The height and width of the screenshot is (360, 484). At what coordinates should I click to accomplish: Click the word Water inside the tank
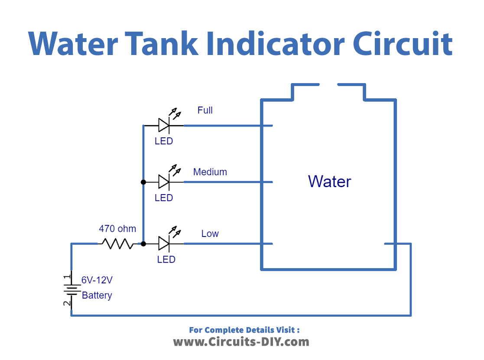[x=329, y=182]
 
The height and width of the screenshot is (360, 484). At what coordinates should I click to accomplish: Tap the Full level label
[x=205, y=110]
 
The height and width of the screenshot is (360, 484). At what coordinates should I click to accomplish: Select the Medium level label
[x=210, y=172]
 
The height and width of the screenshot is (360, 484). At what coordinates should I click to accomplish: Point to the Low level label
[x=210, y=234]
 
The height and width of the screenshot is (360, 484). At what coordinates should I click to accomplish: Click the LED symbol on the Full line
[x=164, y=126]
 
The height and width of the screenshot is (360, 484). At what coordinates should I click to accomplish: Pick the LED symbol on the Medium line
[x=164, y=182]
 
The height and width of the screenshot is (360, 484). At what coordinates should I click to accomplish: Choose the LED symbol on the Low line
[x=164, y=244]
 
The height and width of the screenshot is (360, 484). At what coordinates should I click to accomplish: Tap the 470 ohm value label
[x=117, y=229]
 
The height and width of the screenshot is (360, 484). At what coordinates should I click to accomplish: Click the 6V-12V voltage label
[x=97, y=280]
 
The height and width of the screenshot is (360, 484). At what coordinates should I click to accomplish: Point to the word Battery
[x=97, y=295]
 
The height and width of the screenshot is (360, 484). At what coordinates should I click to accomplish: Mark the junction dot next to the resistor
[x=143, y=244]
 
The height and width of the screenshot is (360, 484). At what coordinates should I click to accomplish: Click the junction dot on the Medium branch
[x=143, y=182]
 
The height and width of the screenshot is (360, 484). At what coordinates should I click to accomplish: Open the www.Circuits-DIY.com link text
[x=241, y=342]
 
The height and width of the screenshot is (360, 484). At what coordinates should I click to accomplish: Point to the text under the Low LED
[x=166, y=259]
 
